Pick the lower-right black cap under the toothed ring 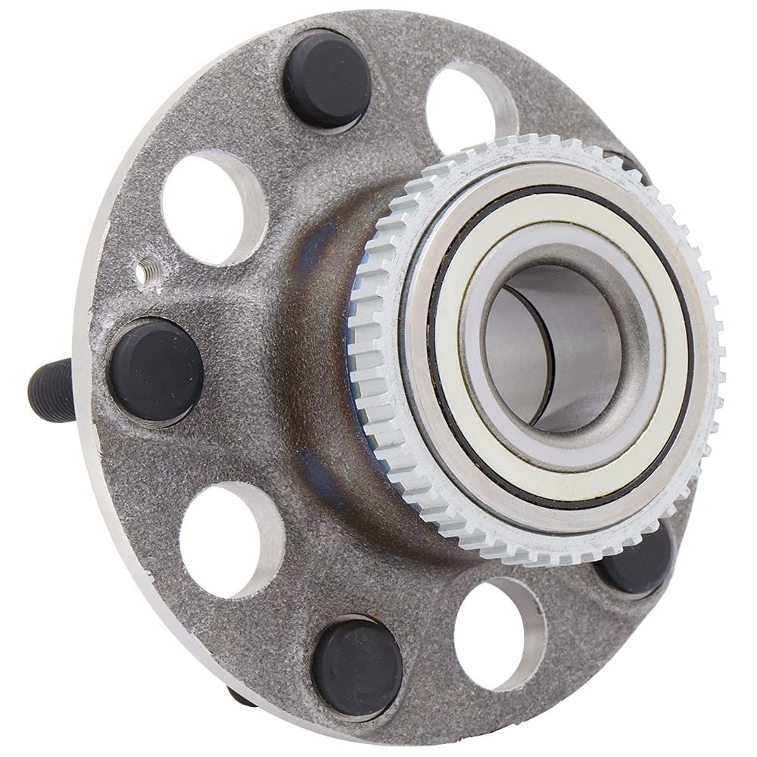[x=634, y=560]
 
